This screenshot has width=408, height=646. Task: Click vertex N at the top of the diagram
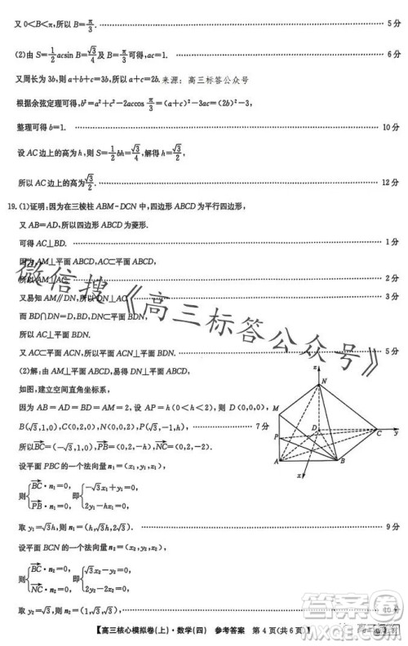(324, 382)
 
